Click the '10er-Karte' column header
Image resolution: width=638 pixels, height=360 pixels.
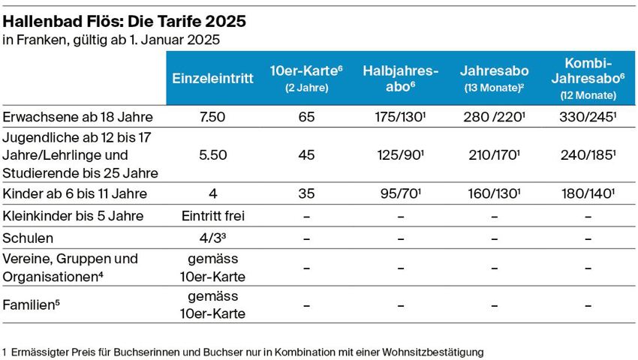[x=306, y=78]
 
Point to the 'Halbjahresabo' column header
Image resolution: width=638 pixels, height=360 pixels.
[x=400, y=78]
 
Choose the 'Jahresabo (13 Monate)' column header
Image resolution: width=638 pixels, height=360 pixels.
[x=494, y=78]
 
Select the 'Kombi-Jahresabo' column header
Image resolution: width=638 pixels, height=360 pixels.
[x=588, y=78]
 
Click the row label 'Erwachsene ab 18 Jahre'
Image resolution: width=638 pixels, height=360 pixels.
[x=78, y=117]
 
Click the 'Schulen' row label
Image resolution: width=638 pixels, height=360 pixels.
[x=29, y=238]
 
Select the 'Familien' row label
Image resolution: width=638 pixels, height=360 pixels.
[x=31, y=305]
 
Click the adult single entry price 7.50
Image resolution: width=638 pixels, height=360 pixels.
[x=213, y=117]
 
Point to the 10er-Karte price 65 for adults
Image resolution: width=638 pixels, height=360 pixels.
[x=306, y=117]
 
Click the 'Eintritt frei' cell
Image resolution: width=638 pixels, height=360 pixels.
[x=213, y=217]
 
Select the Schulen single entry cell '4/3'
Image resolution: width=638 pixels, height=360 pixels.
[x=213, y=238]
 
